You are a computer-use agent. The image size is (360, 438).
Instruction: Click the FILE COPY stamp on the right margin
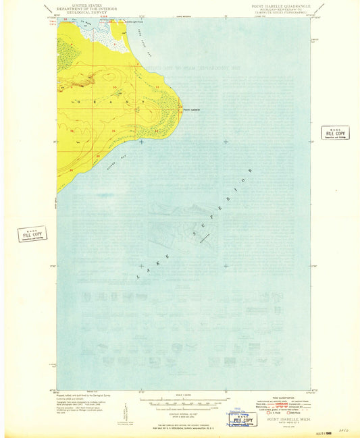(x=334, y=132)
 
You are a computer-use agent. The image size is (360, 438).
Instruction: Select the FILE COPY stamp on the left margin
(x=33, y=234)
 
